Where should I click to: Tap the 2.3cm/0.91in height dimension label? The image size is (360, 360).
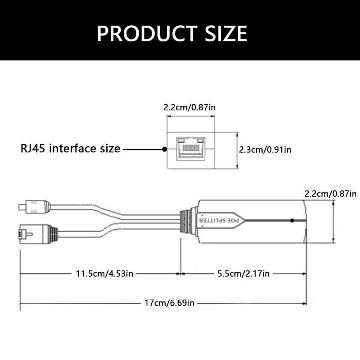pos(265,149)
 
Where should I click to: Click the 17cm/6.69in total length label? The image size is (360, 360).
pos(169,303)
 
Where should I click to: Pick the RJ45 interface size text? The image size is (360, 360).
pos(71,148)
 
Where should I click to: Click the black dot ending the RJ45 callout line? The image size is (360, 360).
pos(164,148)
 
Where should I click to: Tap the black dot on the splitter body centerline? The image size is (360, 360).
pos(292,220)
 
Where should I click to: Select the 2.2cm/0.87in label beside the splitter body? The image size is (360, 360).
pos(331,194)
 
